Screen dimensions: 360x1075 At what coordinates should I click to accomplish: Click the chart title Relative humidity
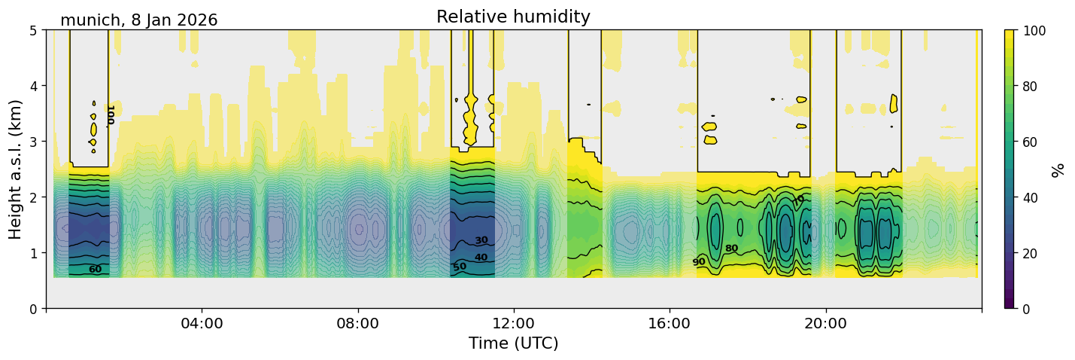click(x=513, y=17)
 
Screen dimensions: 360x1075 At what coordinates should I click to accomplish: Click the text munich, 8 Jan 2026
click(x=138, y=20)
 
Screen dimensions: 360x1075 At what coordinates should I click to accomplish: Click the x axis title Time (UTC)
click(x=513, y=343)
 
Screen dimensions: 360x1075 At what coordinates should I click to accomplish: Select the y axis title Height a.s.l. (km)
click(x=16, y=169)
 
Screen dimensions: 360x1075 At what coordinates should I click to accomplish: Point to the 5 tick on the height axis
click(x=33, y=30)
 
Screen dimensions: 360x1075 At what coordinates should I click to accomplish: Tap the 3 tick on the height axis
click(x=33, y=142)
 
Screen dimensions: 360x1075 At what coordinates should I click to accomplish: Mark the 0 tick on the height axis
click(x=33, y=309)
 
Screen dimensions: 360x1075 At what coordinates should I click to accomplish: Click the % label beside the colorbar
click(x=1058, y=169)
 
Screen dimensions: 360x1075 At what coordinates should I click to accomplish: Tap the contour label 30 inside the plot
click(x=481, y=240)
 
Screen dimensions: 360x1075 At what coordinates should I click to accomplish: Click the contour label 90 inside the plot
click(x=699, y=262)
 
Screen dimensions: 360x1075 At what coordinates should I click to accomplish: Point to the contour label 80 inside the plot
click(x=731, y=248)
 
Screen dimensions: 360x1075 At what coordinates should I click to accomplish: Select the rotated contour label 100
click(x=111, y=114)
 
